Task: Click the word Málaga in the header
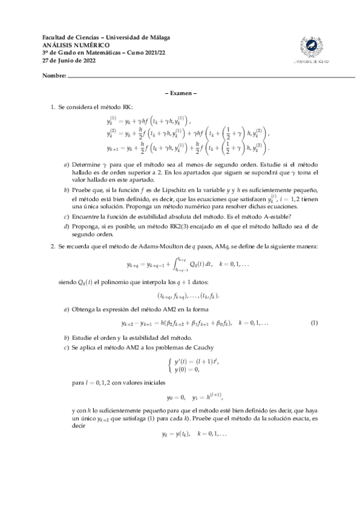(x=159, y=37)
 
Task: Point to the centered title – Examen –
(x=180, y=93)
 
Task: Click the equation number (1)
(x=314, y=324)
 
